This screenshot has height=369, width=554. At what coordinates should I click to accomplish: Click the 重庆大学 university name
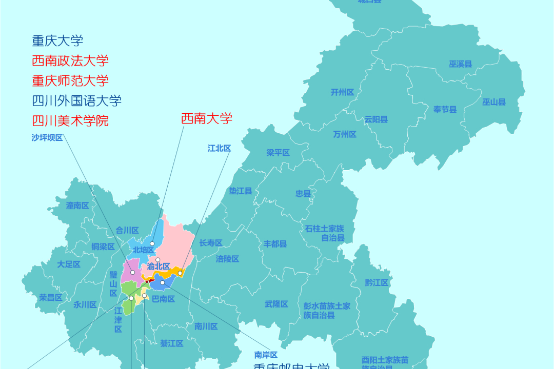pos(57,40)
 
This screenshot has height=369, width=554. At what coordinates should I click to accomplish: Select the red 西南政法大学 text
pos(70,60)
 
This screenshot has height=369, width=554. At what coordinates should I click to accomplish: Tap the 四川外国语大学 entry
pos(76,100)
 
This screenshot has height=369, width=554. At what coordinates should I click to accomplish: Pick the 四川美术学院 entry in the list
pos(70,121)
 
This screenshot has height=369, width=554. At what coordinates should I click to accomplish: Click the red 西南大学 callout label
pos(206,119)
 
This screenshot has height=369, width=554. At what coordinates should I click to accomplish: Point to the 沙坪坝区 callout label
pos(47,137)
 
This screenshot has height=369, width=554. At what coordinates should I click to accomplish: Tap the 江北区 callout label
pos(219,148)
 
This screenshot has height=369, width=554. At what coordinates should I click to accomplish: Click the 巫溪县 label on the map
pos(460,64)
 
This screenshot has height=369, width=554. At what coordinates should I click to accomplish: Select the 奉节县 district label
pos(445,109)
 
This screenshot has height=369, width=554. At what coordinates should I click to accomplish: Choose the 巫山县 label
pos(493,102)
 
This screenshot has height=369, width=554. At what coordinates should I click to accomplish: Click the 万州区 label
pos(344,134)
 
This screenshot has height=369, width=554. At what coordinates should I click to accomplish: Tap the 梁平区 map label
pos(278,153)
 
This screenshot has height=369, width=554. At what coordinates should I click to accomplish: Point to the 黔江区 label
pos(377,282)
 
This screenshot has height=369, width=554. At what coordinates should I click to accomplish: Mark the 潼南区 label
pos(77,206)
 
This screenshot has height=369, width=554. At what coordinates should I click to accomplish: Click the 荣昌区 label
pos(51,297)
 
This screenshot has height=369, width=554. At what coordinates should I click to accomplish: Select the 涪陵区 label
pos(227,259)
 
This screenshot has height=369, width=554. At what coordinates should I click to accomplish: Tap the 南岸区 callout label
pos(266,355)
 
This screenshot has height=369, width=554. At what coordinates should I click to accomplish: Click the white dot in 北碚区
pos(152,244)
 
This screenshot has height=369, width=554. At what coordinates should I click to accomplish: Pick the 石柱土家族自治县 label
pos(324,233)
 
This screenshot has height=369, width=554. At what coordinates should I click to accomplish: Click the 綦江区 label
pos(171,343)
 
